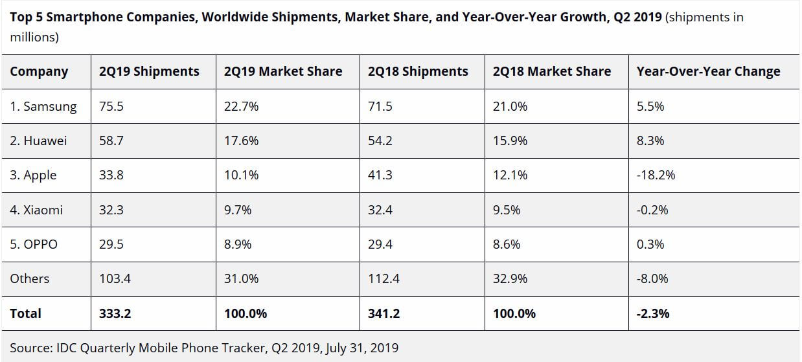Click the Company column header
tap(39, 72)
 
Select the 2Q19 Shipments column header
tap(149, 72)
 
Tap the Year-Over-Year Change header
tap(708, 72)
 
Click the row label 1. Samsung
tap(43, 106)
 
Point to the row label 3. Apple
tap(33, 175)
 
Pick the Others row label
tap(30, 278)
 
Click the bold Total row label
tap(26, 313)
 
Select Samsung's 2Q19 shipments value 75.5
tap(111, 106)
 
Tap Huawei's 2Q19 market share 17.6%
tap(241, 141)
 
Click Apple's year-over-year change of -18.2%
tap(656, 175)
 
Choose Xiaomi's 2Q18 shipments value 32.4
tap(380, 210)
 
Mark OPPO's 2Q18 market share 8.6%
tap(510, 244)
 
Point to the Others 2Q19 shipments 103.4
tap(115, 278)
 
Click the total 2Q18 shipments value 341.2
tap(384, 313)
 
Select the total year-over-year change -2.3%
tap(653, 313)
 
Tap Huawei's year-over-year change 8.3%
tap(650, 141)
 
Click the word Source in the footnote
tap(31, 348)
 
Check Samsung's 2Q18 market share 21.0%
tap(510, 106)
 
